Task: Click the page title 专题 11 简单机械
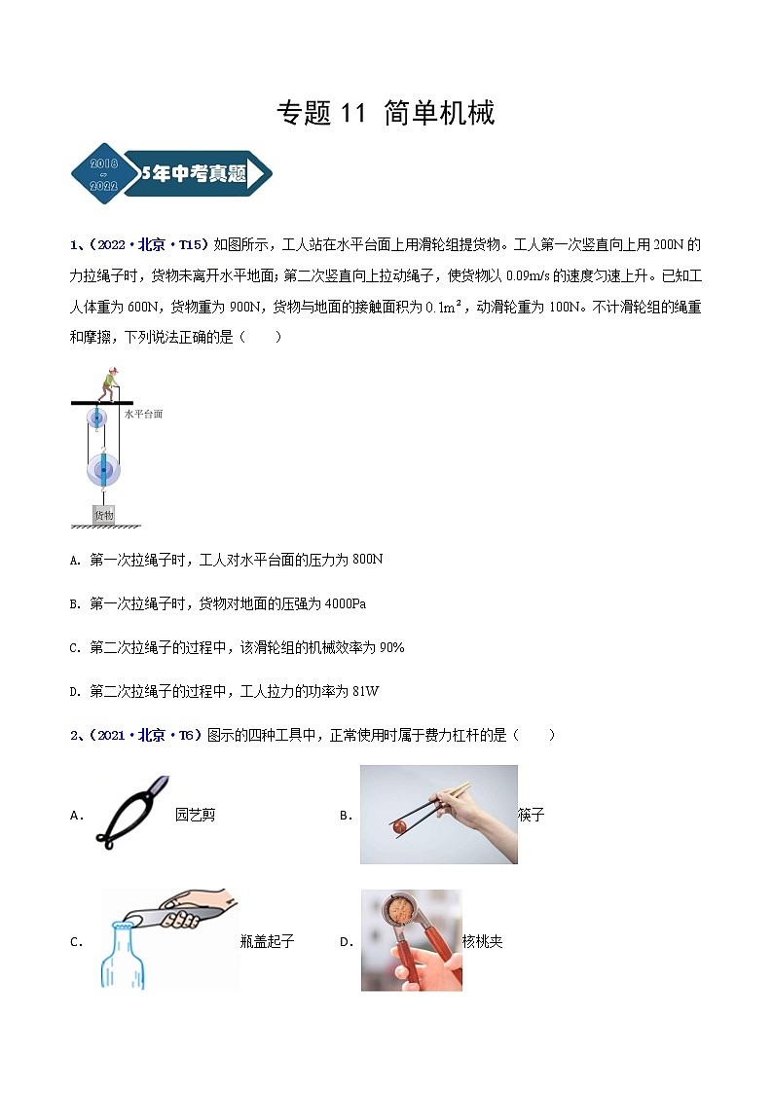pyautogui.click(x=386, y=113)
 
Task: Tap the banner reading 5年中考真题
pyautogui.click(x=195, y=175)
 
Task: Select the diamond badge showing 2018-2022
pyautogui.click(x=103, y=175)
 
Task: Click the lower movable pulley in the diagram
pyautogui.click(x=103, y=471)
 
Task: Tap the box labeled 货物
pyautogui.click(x=103, y=514)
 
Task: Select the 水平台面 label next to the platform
pyautogui.click(x=143, y=415)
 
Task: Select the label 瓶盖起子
pyautogui.click(x=267, y=941)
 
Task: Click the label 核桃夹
pyautogui.click(x=483, y=941)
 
